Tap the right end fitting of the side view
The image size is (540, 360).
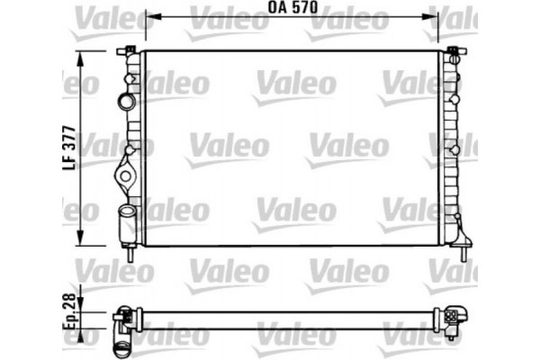[452, 317]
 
